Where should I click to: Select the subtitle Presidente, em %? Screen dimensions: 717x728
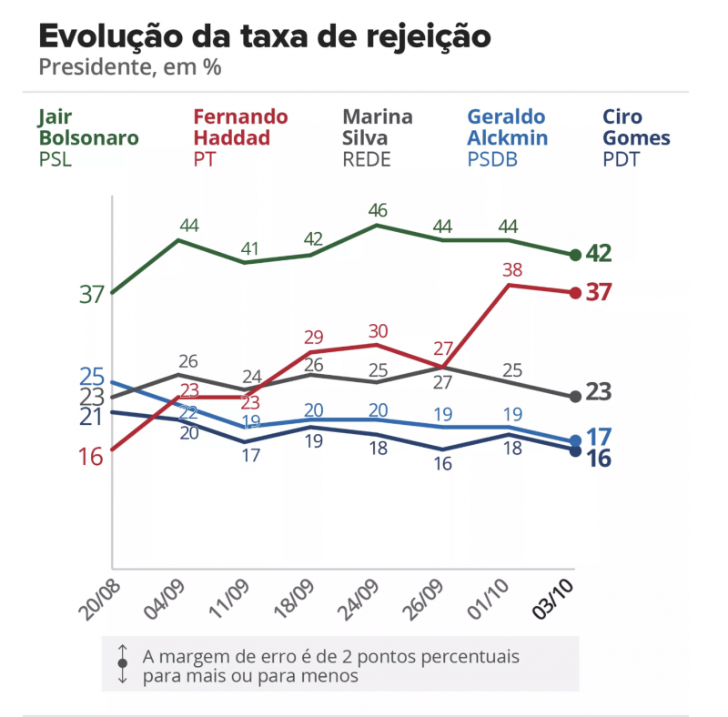click(x=130, y=67)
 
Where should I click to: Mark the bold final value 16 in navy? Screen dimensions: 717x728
click(x=597, y=459)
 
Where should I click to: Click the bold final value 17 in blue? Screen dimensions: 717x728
click(x=597, y=436)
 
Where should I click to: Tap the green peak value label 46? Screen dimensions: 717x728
click(x=377, y=210)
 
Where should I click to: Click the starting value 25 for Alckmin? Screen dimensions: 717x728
click(x=92, y=376)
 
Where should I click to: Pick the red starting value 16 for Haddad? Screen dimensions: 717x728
click(x=91, y=457)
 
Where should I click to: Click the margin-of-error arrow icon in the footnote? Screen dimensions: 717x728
click(x=122, y=663)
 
